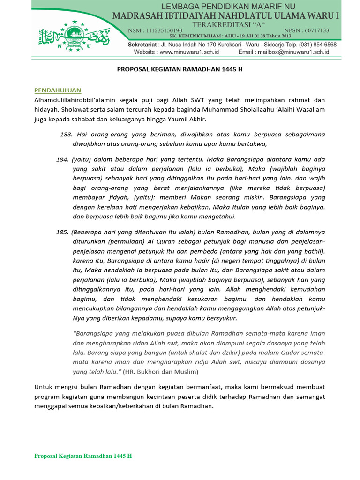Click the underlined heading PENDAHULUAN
tap(58, 90)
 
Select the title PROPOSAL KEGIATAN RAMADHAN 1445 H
tap(180, 69)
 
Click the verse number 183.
tap(66, 134)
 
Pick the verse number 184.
tap(62, 159)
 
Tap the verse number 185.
tap(62, 232)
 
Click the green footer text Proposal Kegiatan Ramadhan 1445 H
tap(83, 456)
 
